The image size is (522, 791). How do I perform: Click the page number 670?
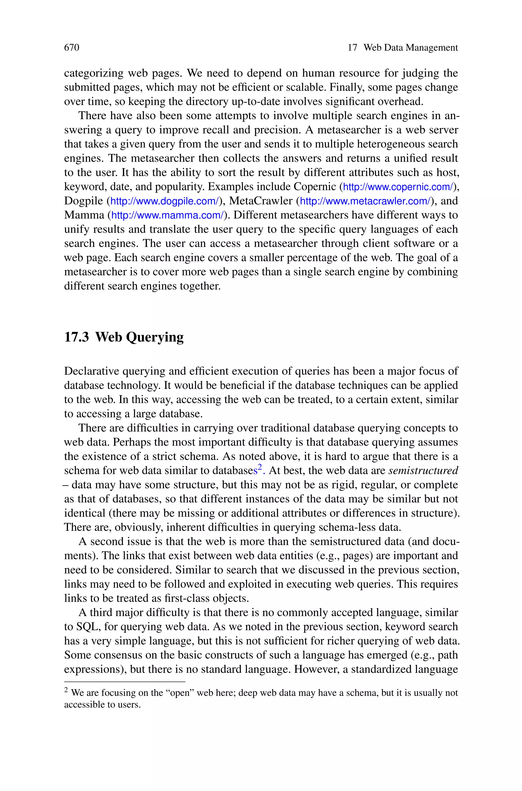click(72, 48)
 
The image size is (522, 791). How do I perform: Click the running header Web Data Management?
click(410, 48)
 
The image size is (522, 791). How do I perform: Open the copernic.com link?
click(398, 187)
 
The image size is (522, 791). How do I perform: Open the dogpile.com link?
click(164, 201)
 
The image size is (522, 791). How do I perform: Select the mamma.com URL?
click(167, 216)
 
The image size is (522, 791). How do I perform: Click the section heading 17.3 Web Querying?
click(124, 337)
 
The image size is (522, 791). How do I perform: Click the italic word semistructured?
click(423, 471)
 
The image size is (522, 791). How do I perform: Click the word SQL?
click(88, 627)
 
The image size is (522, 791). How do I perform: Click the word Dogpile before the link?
click(84, 201)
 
